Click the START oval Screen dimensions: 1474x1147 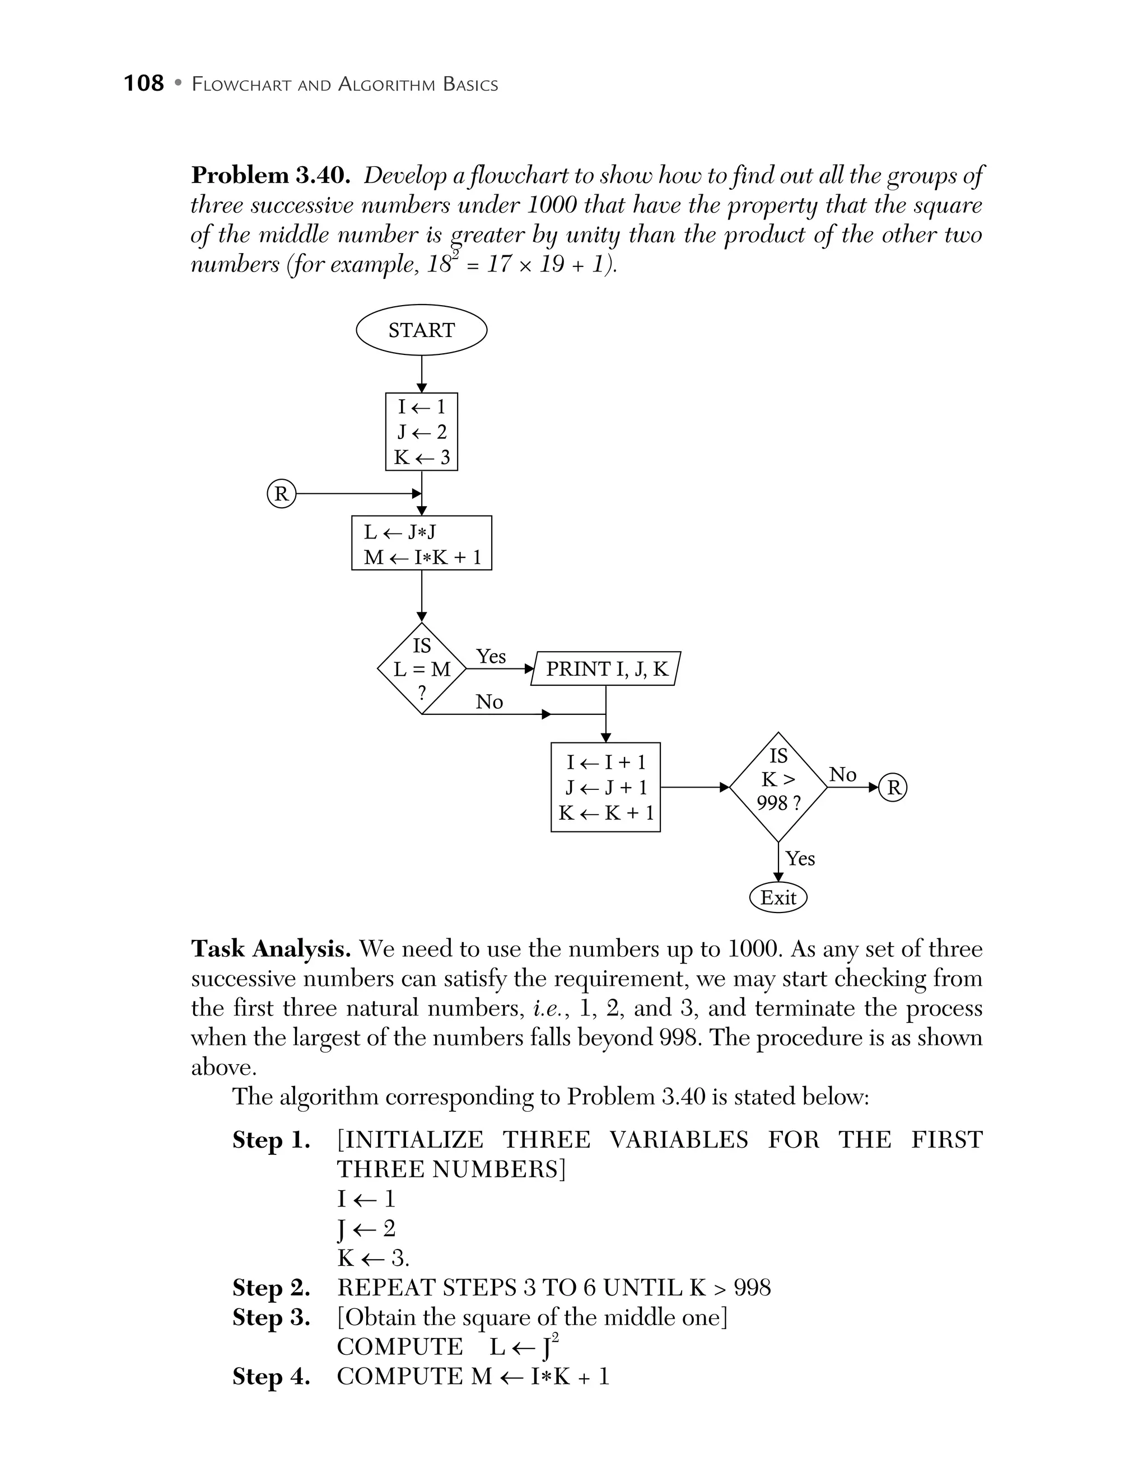(x=421, y=330)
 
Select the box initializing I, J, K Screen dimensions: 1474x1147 (x=421, y=432)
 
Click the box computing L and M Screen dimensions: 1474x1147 (x=421, y=543)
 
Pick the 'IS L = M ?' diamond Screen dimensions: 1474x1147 (x=422, y=669)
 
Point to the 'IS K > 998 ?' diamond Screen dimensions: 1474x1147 (x=778, y=787)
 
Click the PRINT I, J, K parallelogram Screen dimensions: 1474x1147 (x=606, y=669)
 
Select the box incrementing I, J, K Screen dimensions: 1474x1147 (x=605, y=787)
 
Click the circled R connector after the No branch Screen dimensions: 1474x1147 (x=893, y=787)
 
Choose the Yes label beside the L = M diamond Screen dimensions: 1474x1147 (x=491, y=656)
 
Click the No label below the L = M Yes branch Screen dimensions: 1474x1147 (x=489, y=702)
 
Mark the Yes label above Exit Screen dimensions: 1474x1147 (x=800, y=859)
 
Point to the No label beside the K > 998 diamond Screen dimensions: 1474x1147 (x=842, y=774)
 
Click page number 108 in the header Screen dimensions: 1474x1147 (x=144, y=83)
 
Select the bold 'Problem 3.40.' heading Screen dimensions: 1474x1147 (x=271, y=175)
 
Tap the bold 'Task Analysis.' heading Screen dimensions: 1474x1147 (x=271, y=949)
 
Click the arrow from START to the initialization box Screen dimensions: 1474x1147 (x=421, y=374)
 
